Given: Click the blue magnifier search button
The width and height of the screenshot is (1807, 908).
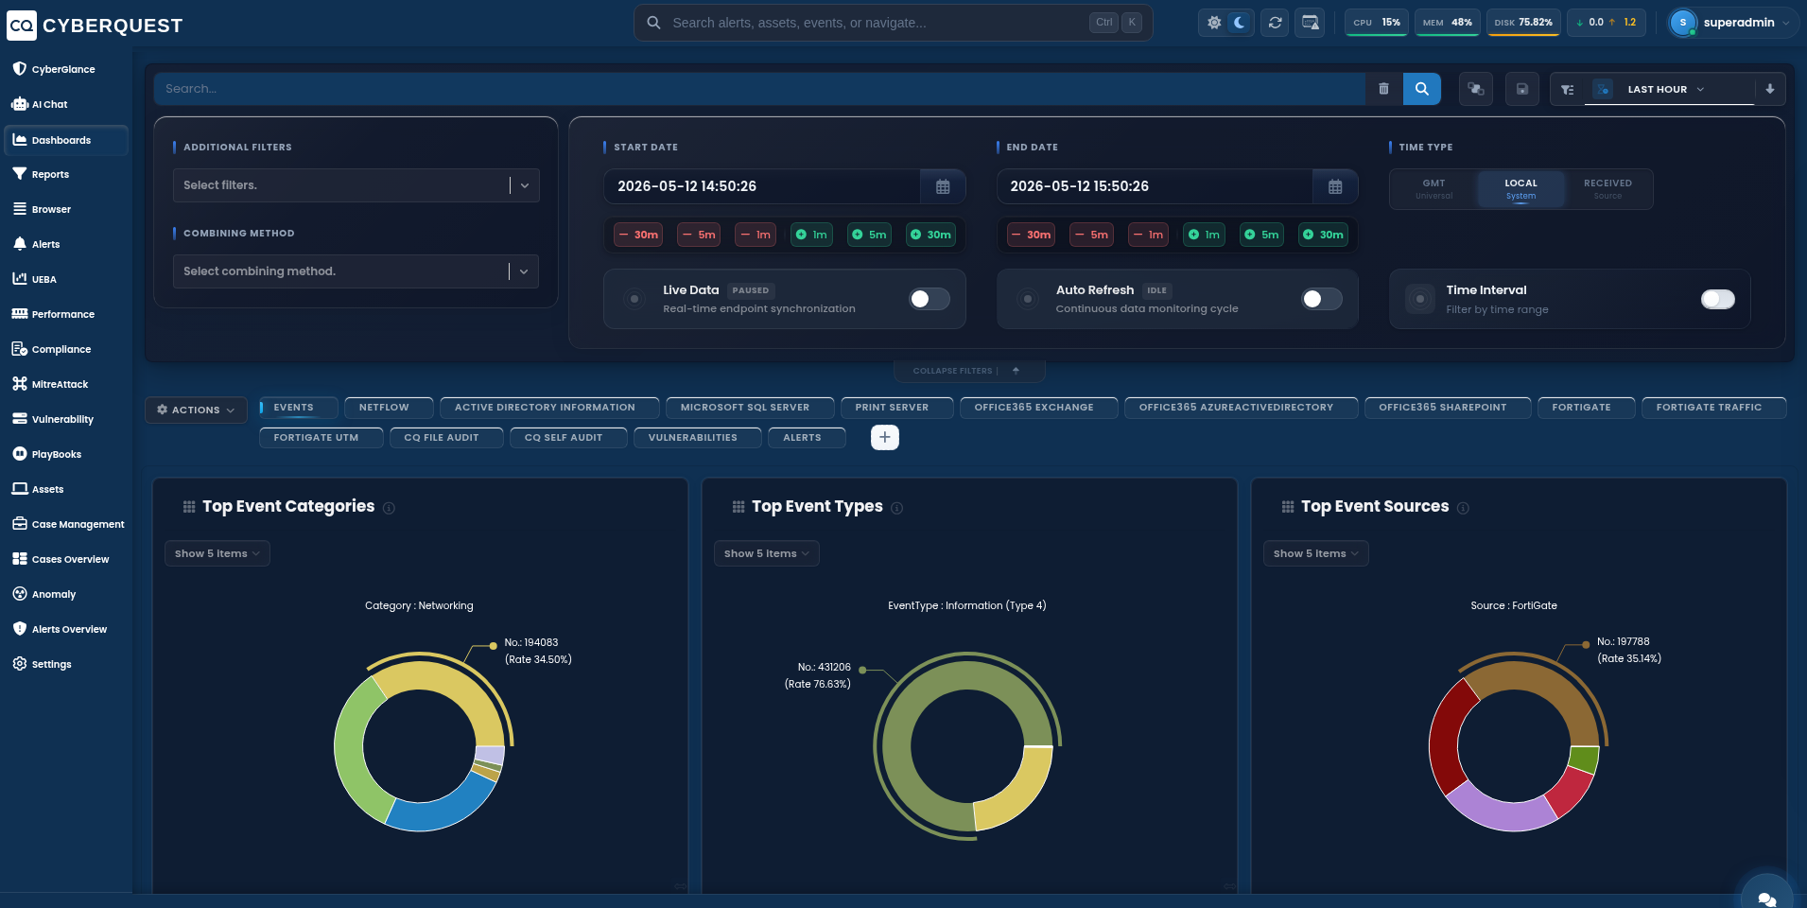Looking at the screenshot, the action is pyautogui.click(x=1421, y=89).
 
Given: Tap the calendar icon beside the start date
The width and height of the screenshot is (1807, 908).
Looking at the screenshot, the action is pyautogui.click(x=943, y=186).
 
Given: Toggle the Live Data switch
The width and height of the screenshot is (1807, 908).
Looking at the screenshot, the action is pyautogui.click(x=929, y=299).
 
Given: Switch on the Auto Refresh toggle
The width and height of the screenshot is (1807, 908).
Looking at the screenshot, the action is pyautogui.click(x=1321, y=299).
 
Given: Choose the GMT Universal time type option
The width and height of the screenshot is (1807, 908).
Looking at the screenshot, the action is pyautogui.click(x=1433, y=189).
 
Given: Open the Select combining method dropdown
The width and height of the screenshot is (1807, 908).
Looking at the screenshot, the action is pyautogui.click(x=356, y=271).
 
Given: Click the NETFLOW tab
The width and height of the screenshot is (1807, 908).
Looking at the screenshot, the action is pyautogui.click(x=385, y=408).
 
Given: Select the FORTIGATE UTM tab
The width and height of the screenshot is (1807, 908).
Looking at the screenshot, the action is pyautogui.click(x=317, y=438).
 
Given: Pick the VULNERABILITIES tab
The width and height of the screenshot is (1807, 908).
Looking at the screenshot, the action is pyautogui.click(x=693, y=438).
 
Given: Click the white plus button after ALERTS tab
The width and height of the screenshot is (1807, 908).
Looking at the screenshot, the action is pyautogui.click(x=884, y=437).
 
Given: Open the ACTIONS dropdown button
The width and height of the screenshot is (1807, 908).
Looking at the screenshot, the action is pyautogui.click(x=196, y=410).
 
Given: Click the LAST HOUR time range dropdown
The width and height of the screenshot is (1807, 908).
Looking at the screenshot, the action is pyautogui.click(x=1665, y=89).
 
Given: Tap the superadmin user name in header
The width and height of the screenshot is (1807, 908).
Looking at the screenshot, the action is pyautogui.click(x=1738, y=23).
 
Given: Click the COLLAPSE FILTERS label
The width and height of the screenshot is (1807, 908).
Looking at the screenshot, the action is pyautogui.click(x=952, y=371).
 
